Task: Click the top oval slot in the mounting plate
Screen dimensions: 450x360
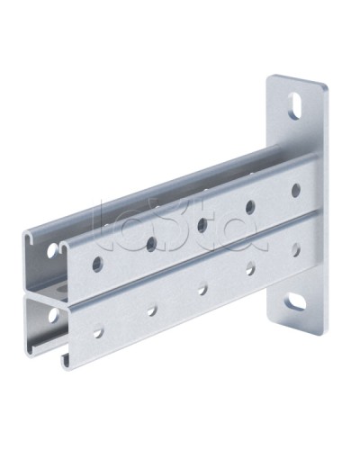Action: [x=295, y=105]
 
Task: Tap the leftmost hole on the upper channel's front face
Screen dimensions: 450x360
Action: [x=98, y=265]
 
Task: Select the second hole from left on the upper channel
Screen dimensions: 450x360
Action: [x=151, y=244]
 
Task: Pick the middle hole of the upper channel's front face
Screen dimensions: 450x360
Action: [x=202, y=225]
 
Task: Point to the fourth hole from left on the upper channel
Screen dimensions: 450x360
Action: [x=250, y=206]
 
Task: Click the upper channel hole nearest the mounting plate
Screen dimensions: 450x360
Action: [x=295, y=190]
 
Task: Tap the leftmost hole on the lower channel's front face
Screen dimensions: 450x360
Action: [x=98, y=332]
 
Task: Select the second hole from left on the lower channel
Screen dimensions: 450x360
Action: [x=151, y=310]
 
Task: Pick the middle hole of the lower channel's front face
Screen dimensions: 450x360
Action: [x=202, y=289]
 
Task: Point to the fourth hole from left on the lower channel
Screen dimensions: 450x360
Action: [x=250, y=268]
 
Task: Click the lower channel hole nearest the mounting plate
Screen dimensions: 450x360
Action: [x=295, y=249]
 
